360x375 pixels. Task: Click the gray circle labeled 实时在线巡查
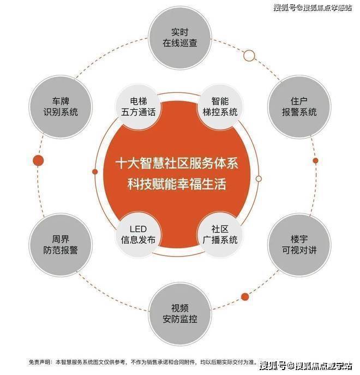point(180,38)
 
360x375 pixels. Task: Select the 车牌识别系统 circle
point(61,107)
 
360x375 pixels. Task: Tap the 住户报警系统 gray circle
point(299,107)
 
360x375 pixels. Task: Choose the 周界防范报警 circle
point(61,245)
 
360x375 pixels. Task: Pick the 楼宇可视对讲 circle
point(299,245)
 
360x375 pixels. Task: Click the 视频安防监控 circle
point(180,314)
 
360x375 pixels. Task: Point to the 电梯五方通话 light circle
point(138,107)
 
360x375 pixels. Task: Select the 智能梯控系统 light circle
point(220,107)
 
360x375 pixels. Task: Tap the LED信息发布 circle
point(138,235)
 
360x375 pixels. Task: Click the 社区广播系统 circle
point(220,235)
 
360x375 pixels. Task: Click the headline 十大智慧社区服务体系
point(177,163)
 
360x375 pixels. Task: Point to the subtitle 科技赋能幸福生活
point(177,184)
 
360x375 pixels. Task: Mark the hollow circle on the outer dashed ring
point(249,56)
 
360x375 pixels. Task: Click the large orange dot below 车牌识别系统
point(38,160)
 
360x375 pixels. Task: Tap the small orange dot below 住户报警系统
point(315,160)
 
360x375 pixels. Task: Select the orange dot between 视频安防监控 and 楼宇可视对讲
point(245,297)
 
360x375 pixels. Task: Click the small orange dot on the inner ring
point(95,172)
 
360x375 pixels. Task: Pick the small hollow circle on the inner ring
point(259,178)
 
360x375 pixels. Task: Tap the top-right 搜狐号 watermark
point(285,8)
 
